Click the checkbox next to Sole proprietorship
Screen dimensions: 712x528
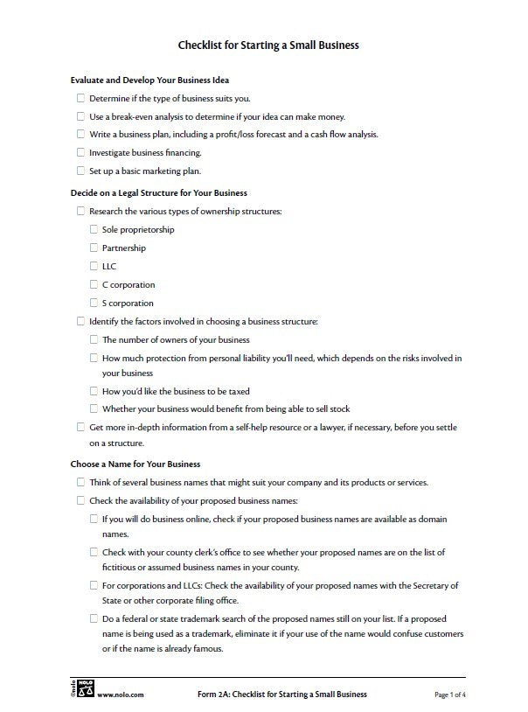point(94,229)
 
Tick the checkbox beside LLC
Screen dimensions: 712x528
point(94,266)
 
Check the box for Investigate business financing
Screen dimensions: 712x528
point(81,152)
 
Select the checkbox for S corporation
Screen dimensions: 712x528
point(94,303)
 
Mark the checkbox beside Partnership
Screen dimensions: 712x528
point(94,248)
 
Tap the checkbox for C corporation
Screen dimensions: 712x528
point(94,284)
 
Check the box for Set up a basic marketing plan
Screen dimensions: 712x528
point(81,171)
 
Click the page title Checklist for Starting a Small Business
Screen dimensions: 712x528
point(268,44)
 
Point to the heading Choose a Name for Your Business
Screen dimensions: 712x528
point(135,464)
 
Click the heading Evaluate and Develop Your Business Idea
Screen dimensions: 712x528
point(149,80)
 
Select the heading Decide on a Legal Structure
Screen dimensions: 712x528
point(158,192)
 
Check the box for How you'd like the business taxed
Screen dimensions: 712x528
point(94,390)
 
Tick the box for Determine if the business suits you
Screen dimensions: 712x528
point(81,98)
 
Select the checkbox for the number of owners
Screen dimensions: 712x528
point(94,339)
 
